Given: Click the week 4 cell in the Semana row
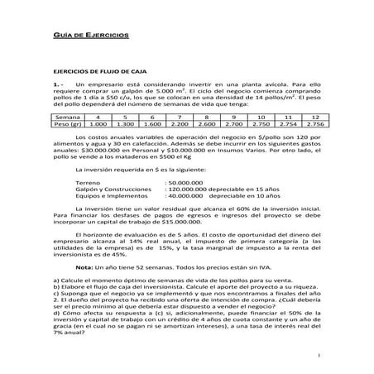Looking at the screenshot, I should click(x=98, y=117).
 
